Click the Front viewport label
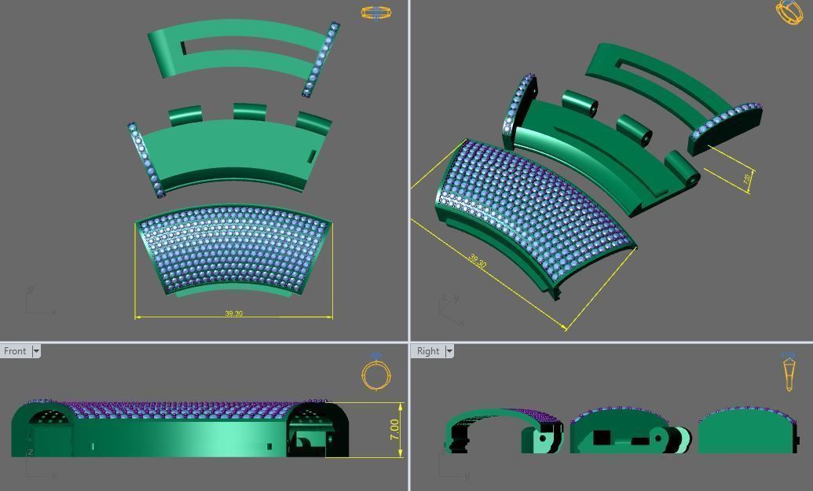tap(15, 351)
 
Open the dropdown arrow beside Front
tap(36, 351)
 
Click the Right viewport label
tap(428, 351)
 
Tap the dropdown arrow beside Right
tap(449, 351)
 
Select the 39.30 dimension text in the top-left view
tap(233, 313)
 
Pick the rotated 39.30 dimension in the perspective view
tap(477, 260)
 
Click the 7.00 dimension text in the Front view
tap(394, 429)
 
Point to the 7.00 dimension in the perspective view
tap(745, 179)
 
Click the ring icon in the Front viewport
tap(376, 374)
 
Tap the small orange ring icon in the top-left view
tap(375, 13)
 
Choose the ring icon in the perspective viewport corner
tap(789, 11)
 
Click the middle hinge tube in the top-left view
tap(249, 112)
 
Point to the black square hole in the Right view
tap(602, 438)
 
